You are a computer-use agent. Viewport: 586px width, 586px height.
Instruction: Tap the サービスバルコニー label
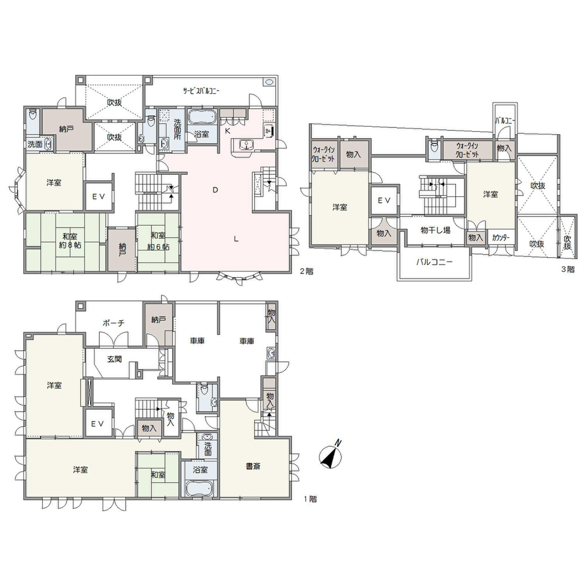201,91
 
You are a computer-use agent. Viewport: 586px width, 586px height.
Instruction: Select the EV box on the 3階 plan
384,201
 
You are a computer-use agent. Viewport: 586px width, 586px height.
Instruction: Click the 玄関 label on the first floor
114,359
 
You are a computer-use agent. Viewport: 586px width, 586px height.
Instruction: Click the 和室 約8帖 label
70,240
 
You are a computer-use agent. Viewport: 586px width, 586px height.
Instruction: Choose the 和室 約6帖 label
158,240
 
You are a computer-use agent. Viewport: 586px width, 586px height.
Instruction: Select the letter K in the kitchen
228,131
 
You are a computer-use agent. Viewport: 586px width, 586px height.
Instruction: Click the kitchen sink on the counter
247,144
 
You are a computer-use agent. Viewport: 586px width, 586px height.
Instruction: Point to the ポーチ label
113,323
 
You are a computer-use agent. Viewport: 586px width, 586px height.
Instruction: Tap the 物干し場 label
435,230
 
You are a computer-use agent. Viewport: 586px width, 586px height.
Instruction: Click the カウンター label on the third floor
500,238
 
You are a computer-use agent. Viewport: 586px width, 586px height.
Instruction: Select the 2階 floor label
307,271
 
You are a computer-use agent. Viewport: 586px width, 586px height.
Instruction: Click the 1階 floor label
310,499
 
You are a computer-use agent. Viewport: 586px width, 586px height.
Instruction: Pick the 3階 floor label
568,269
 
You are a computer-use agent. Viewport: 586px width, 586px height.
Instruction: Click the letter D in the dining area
215,190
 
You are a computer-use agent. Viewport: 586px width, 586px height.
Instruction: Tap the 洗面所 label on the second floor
177,129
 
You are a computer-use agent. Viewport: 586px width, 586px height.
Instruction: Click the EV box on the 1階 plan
98,424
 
